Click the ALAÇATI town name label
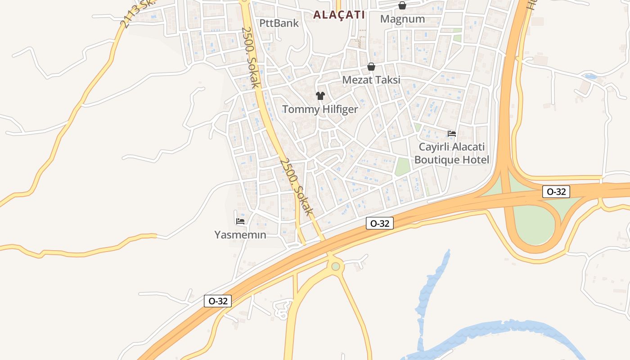[x=339, y=15]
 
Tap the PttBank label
[x=279, y=23]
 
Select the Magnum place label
[x=402, y=19]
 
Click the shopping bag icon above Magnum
[x=402, y=5]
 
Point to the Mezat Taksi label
[x=371, y=80]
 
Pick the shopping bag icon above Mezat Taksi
[x=371, y=67]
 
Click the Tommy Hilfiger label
[x=320, y=109]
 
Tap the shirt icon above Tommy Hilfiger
[x=320, y=95]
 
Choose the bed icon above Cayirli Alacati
[x=452, y=134]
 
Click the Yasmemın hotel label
[x=240, y=235]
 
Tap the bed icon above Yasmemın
[x=240, y=221]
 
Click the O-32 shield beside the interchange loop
[x=556, y=192]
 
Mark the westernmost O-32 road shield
[x=218, y=301]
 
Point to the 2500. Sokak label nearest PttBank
[x=251, y=57]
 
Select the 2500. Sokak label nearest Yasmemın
[x=296, y=187]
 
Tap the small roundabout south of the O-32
[x=336, y=266]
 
